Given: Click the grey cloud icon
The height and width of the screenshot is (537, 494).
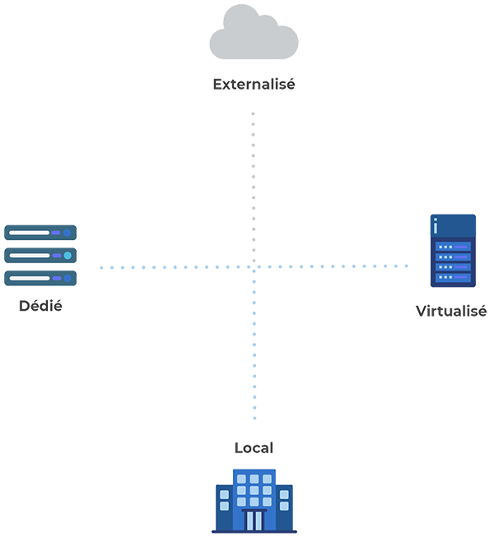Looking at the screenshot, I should tap(254, 39).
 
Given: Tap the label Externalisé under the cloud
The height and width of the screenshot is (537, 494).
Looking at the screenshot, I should tap(254, 84).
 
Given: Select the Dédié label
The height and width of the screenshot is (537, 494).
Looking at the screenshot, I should tap(40, 306).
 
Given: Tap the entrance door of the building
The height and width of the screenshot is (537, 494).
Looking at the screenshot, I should tap(254, 520).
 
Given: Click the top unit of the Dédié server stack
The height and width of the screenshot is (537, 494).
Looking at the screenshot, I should tap(40, 234).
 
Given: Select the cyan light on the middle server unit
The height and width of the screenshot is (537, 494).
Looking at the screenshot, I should tap(67, 256).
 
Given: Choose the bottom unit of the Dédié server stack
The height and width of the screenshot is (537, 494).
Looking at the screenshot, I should tap(40, 278).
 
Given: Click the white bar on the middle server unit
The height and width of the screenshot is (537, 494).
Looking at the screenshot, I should tap(28, 256).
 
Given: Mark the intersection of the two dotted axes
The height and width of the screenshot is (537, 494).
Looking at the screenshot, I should tap(254, 266).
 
